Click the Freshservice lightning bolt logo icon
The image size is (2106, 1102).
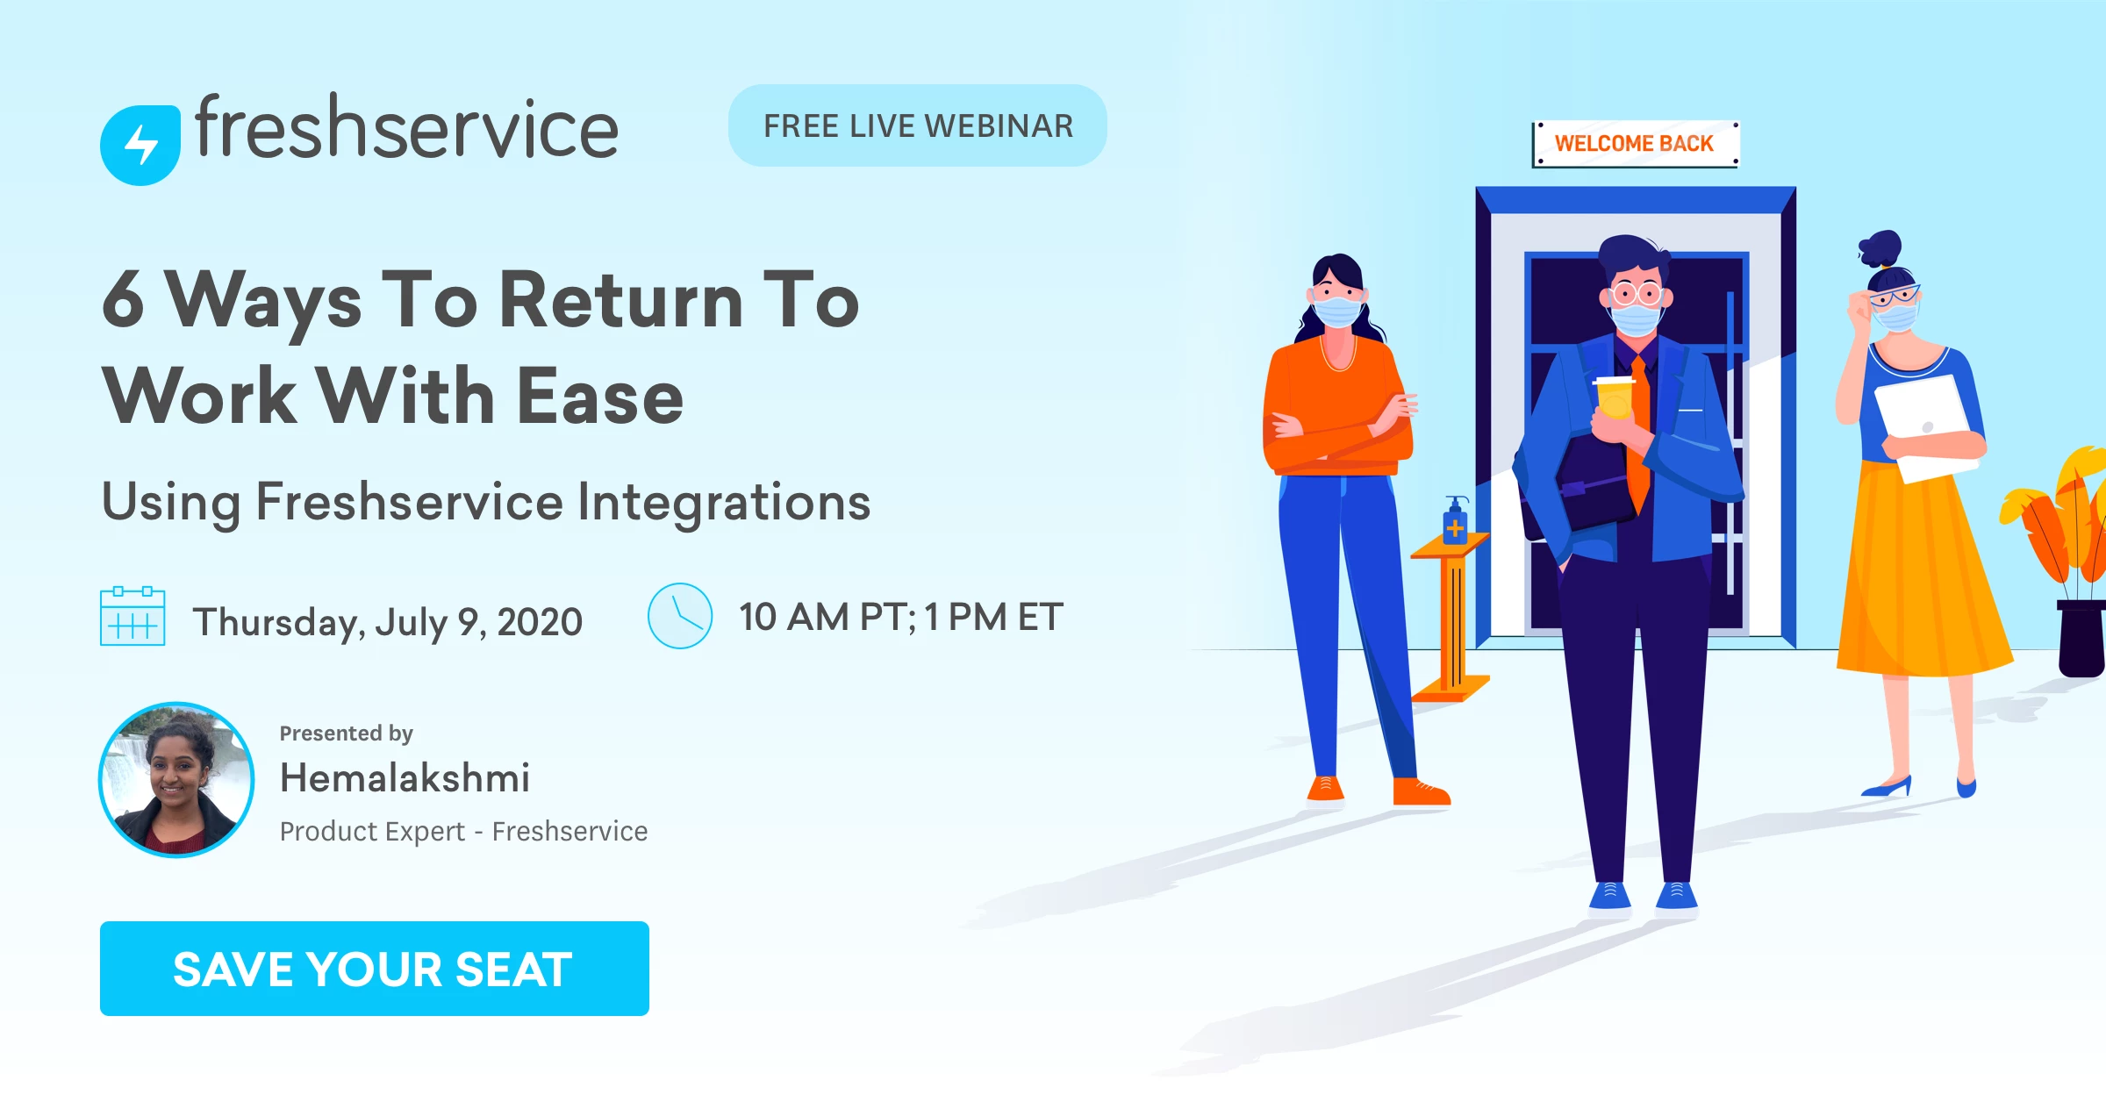[140, 145]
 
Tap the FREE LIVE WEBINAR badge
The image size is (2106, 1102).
[918, 125]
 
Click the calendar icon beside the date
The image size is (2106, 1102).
[133, 616]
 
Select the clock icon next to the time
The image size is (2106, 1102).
[680, 616]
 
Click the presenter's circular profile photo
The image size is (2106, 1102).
[176, 780]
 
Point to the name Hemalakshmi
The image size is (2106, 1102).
[405, 777]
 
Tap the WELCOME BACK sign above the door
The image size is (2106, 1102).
[1635, 143]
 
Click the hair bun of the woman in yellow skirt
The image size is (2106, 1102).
[1880, 248]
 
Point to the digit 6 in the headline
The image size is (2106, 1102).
[123, 299]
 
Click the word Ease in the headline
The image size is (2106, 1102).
[599, 397]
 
